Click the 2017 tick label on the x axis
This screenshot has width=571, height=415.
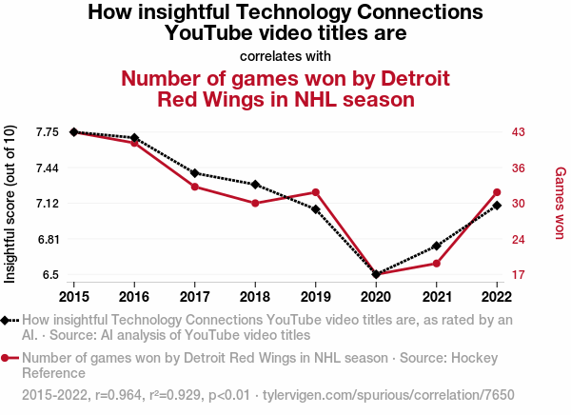(x=194, y=285)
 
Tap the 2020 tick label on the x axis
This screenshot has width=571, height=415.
(x=376, y=285)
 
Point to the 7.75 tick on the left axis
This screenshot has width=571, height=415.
(x=46, y=131)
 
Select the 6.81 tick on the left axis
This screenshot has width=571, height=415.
(x=46, y=239)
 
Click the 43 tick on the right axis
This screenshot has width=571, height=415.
(x=519, y=131)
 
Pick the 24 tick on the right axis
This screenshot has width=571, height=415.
(x=519, y=239)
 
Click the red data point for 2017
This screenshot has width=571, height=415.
(x=194, y=187)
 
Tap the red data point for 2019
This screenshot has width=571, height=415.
(x=315, y=192)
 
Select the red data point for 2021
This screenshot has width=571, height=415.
(x=437, y=263)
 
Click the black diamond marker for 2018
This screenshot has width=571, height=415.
(x=255, y=184)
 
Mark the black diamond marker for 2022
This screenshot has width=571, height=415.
(x=497, y=205)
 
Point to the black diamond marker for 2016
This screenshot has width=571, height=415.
(x=134, y=138)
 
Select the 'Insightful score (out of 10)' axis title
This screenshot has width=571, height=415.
(x=11, y=204)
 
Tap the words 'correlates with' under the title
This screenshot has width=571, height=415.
(x=285, y=55)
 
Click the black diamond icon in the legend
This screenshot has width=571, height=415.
(x=10, y=320)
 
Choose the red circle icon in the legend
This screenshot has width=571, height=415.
(x=10, y=359)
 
